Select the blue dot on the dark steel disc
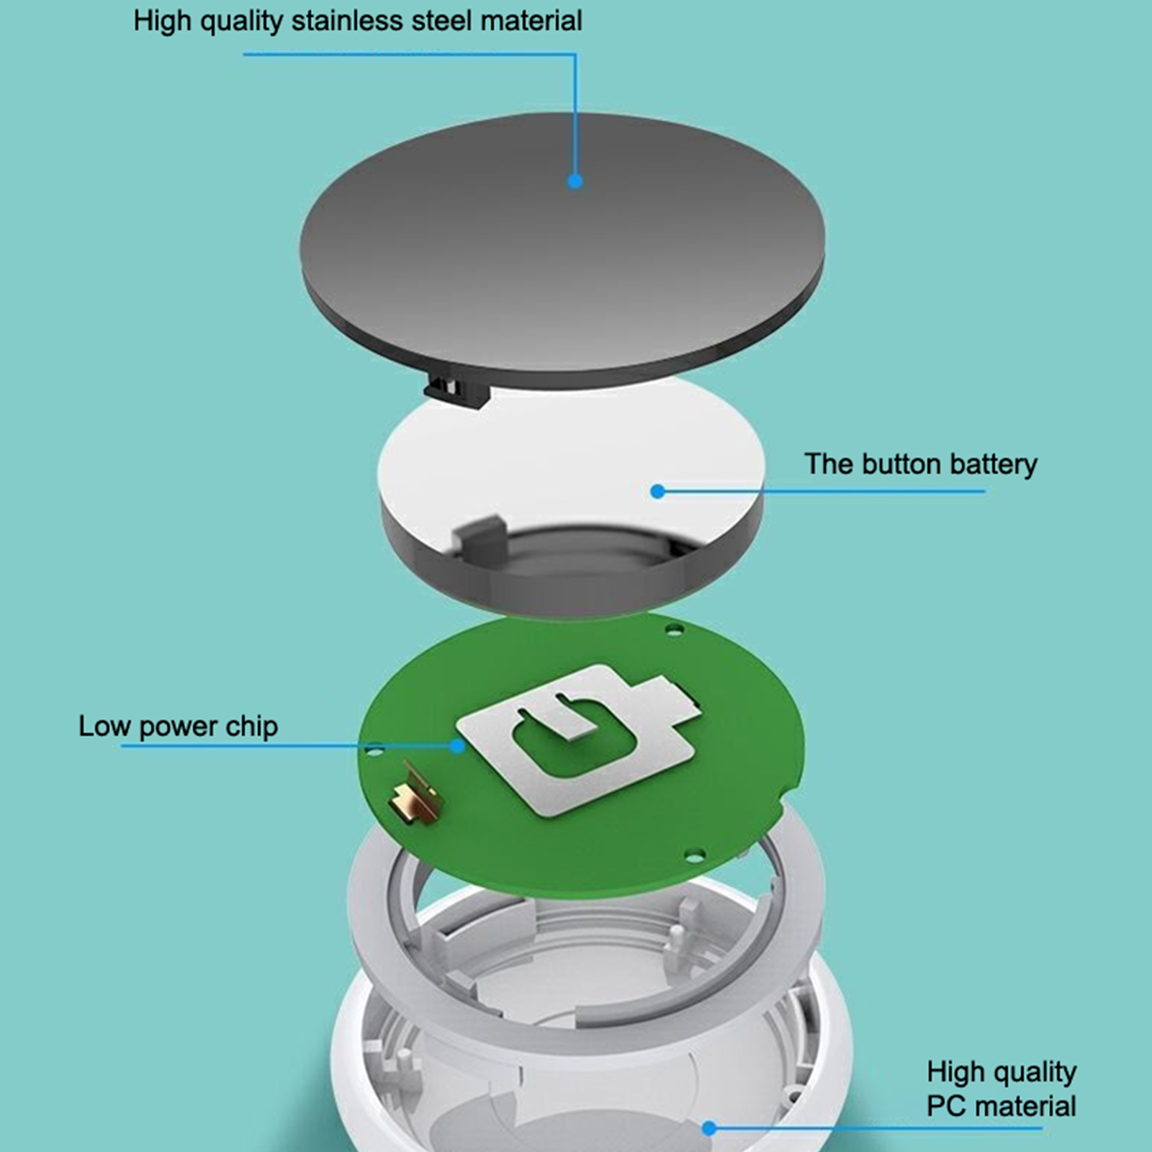coord(575,181)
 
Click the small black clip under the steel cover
coord(456,390)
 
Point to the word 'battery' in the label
coord(994,465)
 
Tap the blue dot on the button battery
coord(657,491)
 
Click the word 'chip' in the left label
coord(251,727)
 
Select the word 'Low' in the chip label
coord(104,726)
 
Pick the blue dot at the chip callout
coord(457,746)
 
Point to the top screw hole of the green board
coord(674,630)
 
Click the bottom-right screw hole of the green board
coord(695,856)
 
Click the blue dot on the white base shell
coord(709,1128)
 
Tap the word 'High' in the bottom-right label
coord(954,1072)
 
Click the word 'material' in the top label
coord(531,20)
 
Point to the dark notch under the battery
coord(478,539)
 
